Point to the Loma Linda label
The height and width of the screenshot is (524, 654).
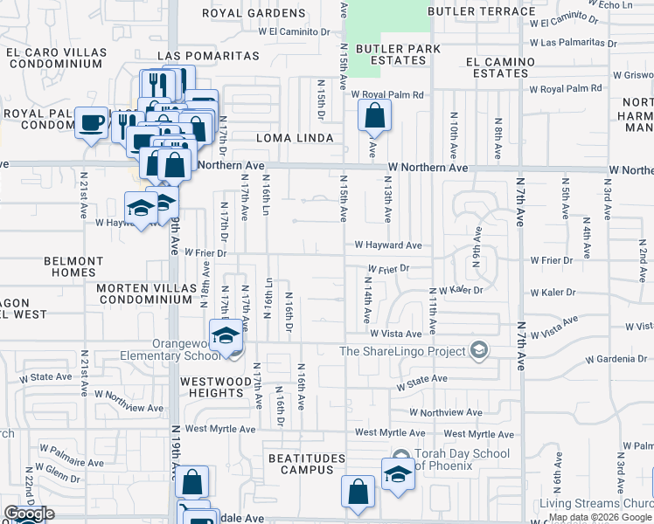[x=295, y=138]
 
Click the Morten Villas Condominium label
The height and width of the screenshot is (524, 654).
[x=144, y=293]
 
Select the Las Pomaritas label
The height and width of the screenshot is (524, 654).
[x=208, y=56]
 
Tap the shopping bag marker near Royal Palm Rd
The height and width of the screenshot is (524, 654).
[x=374, y=115]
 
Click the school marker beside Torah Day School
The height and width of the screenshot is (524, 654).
[x=398, y=474]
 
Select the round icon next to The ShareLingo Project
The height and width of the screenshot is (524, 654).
[x=478, y=351]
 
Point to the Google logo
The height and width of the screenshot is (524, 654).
[x=29, y=514]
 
